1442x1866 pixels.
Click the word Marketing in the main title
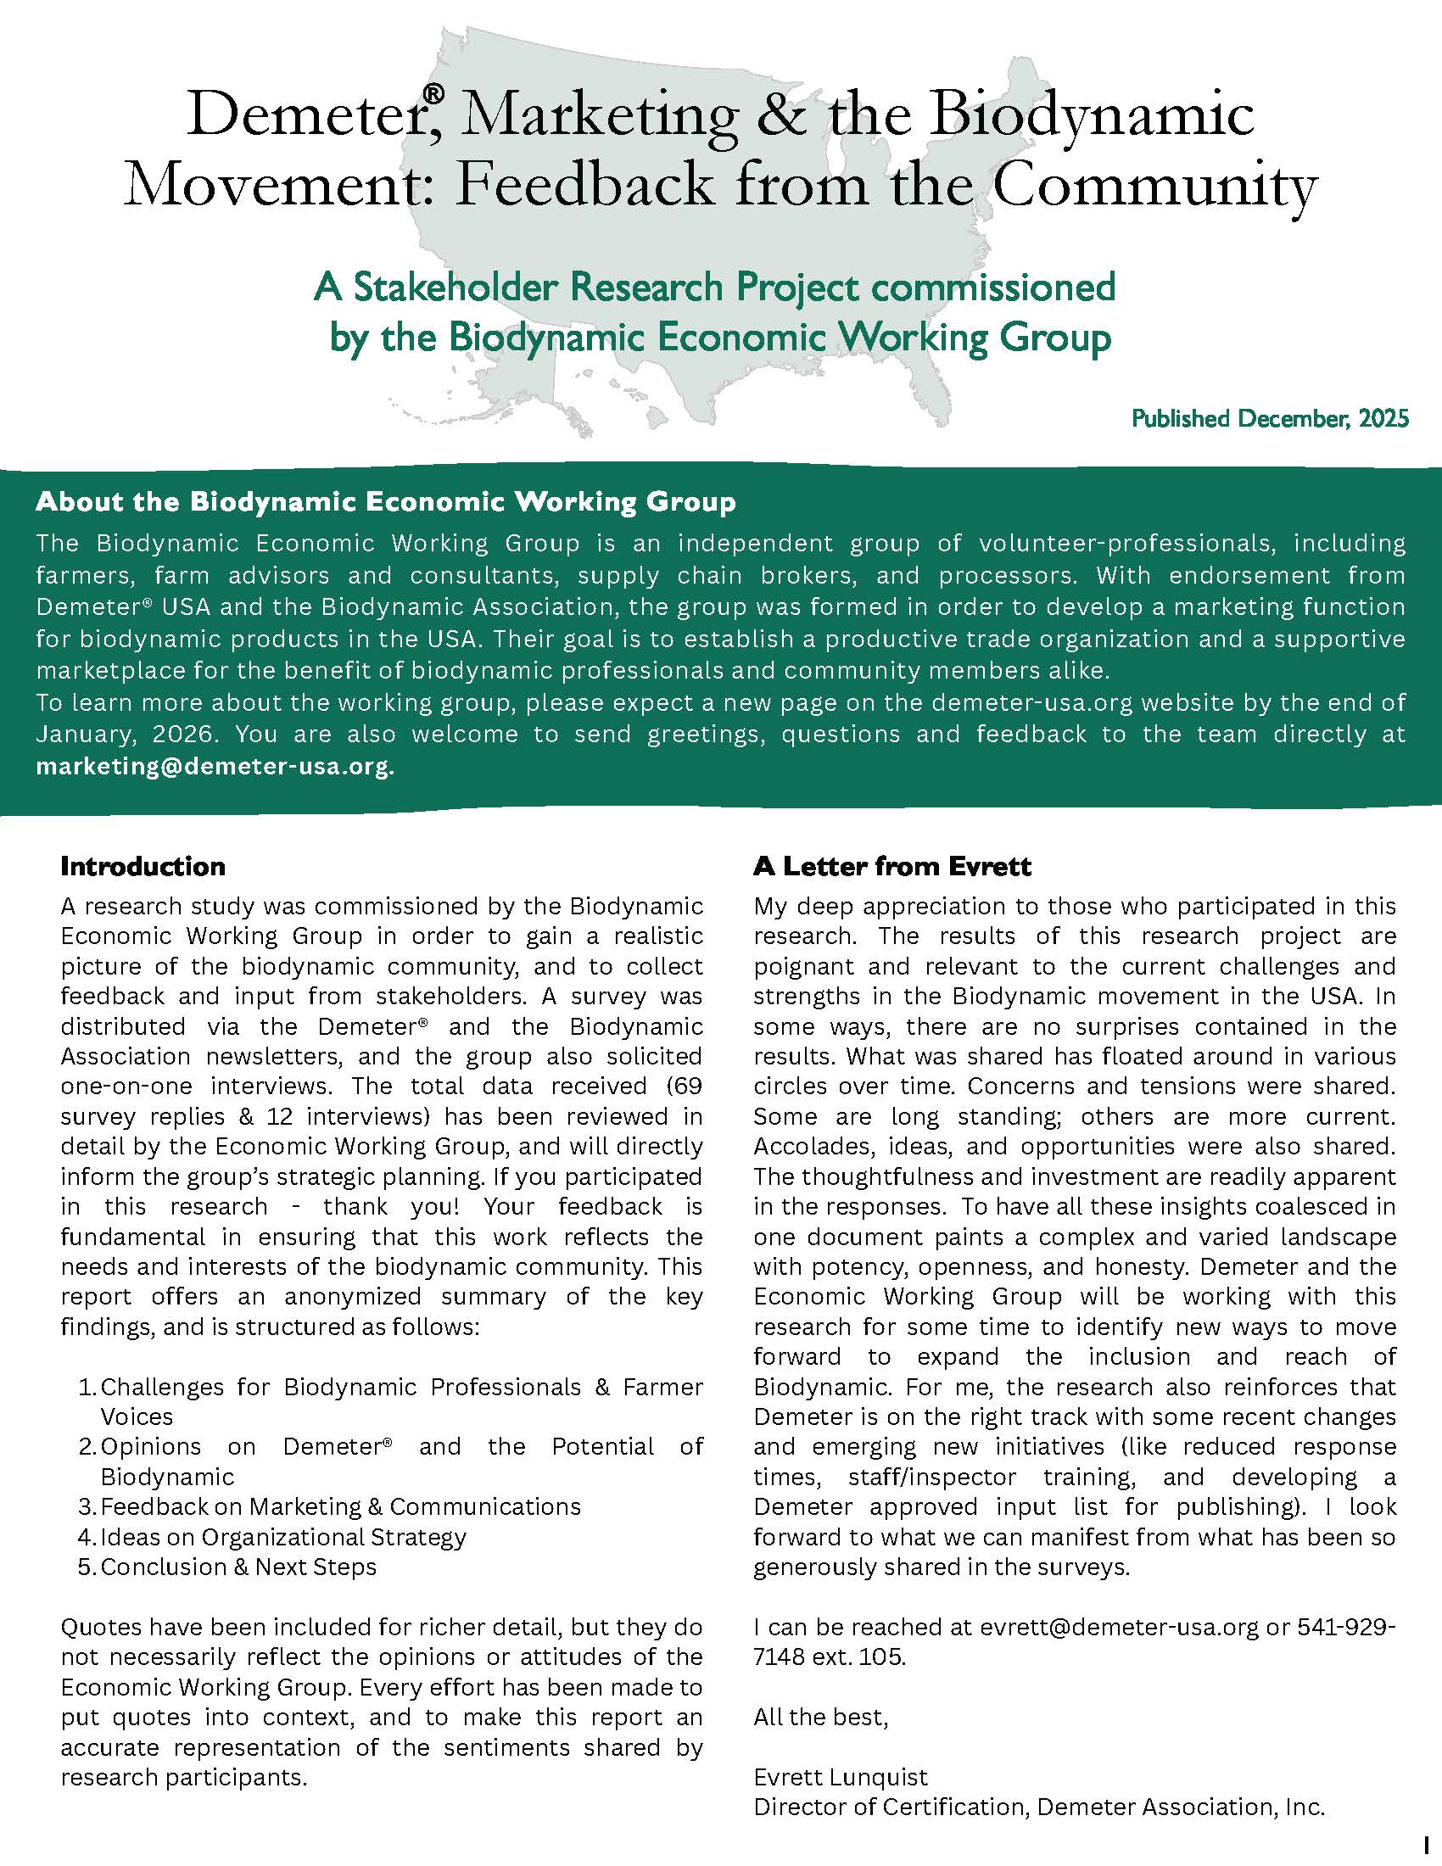[598, 116]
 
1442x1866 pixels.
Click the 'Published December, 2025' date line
[1270, 419]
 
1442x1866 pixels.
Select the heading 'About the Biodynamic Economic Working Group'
[385, 501]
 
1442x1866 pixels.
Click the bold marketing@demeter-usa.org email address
[215, 767]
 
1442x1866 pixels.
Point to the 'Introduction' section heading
[143, 866]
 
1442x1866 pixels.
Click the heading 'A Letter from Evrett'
[891, 866]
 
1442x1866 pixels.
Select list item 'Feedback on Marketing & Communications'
[340, 1506]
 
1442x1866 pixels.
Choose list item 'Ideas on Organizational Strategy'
[282, 1536]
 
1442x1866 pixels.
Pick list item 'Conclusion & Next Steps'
[238, 1566]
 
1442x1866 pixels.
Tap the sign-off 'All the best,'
[820, 1717]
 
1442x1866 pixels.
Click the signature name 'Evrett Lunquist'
[840, 1777]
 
